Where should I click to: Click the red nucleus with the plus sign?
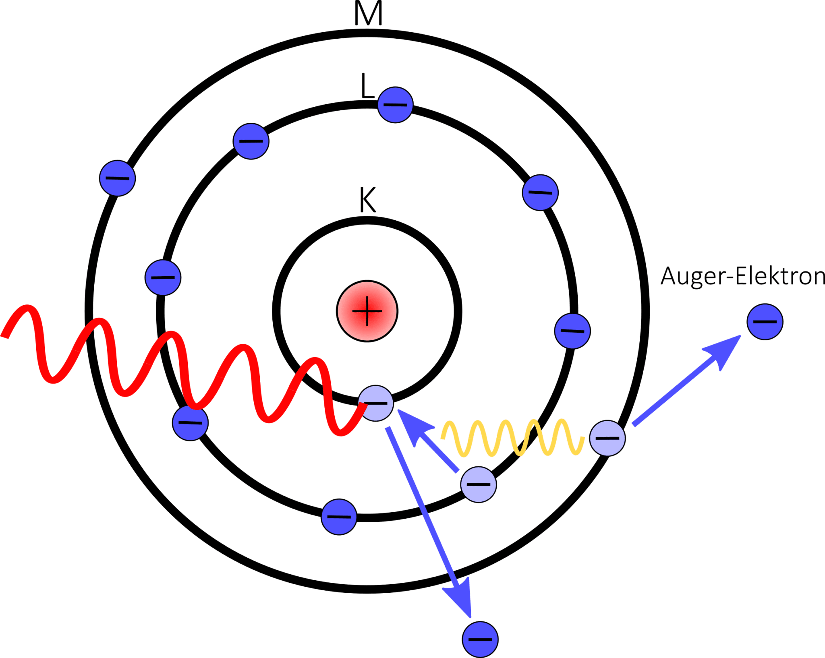point(367,311)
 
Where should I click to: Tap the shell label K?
point(367,200)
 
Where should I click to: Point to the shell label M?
point(368,14)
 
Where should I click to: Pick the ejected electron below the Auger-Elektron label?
point(765,322)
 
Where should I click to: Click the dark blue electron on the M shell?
point(117,178)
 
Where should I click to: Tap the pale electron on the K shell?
point(376,403)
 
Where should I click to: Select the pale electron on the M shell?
point(607,438)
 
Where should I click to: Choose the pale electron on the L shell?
point(478,484)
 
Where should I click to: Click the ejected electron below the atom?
point(480,639)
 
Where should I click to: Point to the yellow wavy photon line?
point(512,438)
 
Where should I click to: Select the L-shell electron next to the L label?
point(395,105)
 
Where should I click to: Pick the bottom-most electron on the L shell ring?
point(339,517)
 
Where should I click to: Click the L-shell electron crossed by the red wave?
point(190,422)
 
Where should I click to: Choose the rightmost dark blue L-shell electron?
point(572,331)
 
